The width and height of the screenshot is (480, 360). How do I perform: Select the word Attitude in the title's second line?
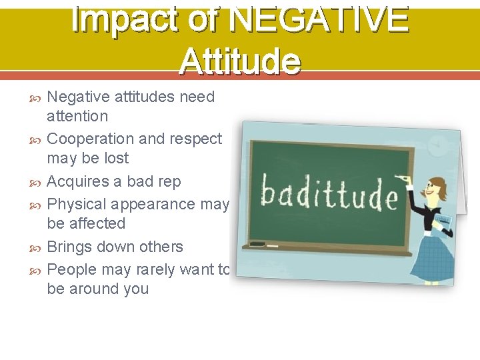coord(240,61)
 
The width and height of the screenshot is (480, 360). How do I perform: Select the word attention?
coord(77,116)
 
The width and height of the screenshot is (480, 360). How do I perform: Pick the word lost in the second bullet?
coord(115,158)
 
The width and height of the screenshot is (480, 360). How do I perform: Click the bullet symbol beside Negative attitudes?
coord(37,97)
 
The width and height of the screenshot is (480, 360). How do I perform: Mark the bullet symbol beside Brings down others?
coord(37,247)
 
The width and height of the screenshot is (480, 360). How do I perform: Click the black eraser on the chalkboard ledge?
coord(257,244)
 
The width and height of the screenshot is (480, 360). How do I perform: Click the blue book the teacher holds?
coord(444,221)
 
